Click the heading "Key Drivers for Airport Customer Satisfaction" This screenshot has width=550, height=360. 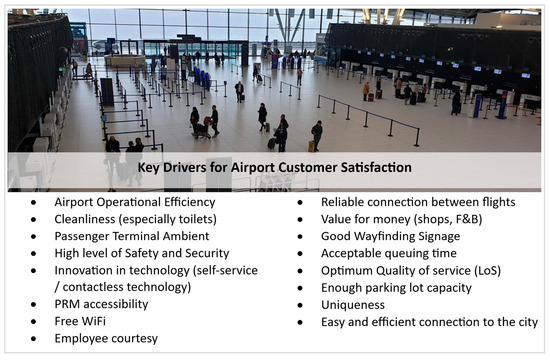[x=275, y=168]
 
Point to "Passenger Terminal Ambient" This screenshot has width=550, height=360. [x=132, y=237]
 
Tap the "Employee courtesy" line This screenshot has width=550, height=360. [x=107, y=339]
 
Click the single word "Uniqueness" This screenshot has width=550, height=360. [x=355, y=305]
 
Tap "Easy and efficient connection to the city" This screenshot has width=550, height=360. [x=430, y=322]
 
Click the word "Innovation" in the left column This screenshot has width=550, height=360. [x=87, y=271]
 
